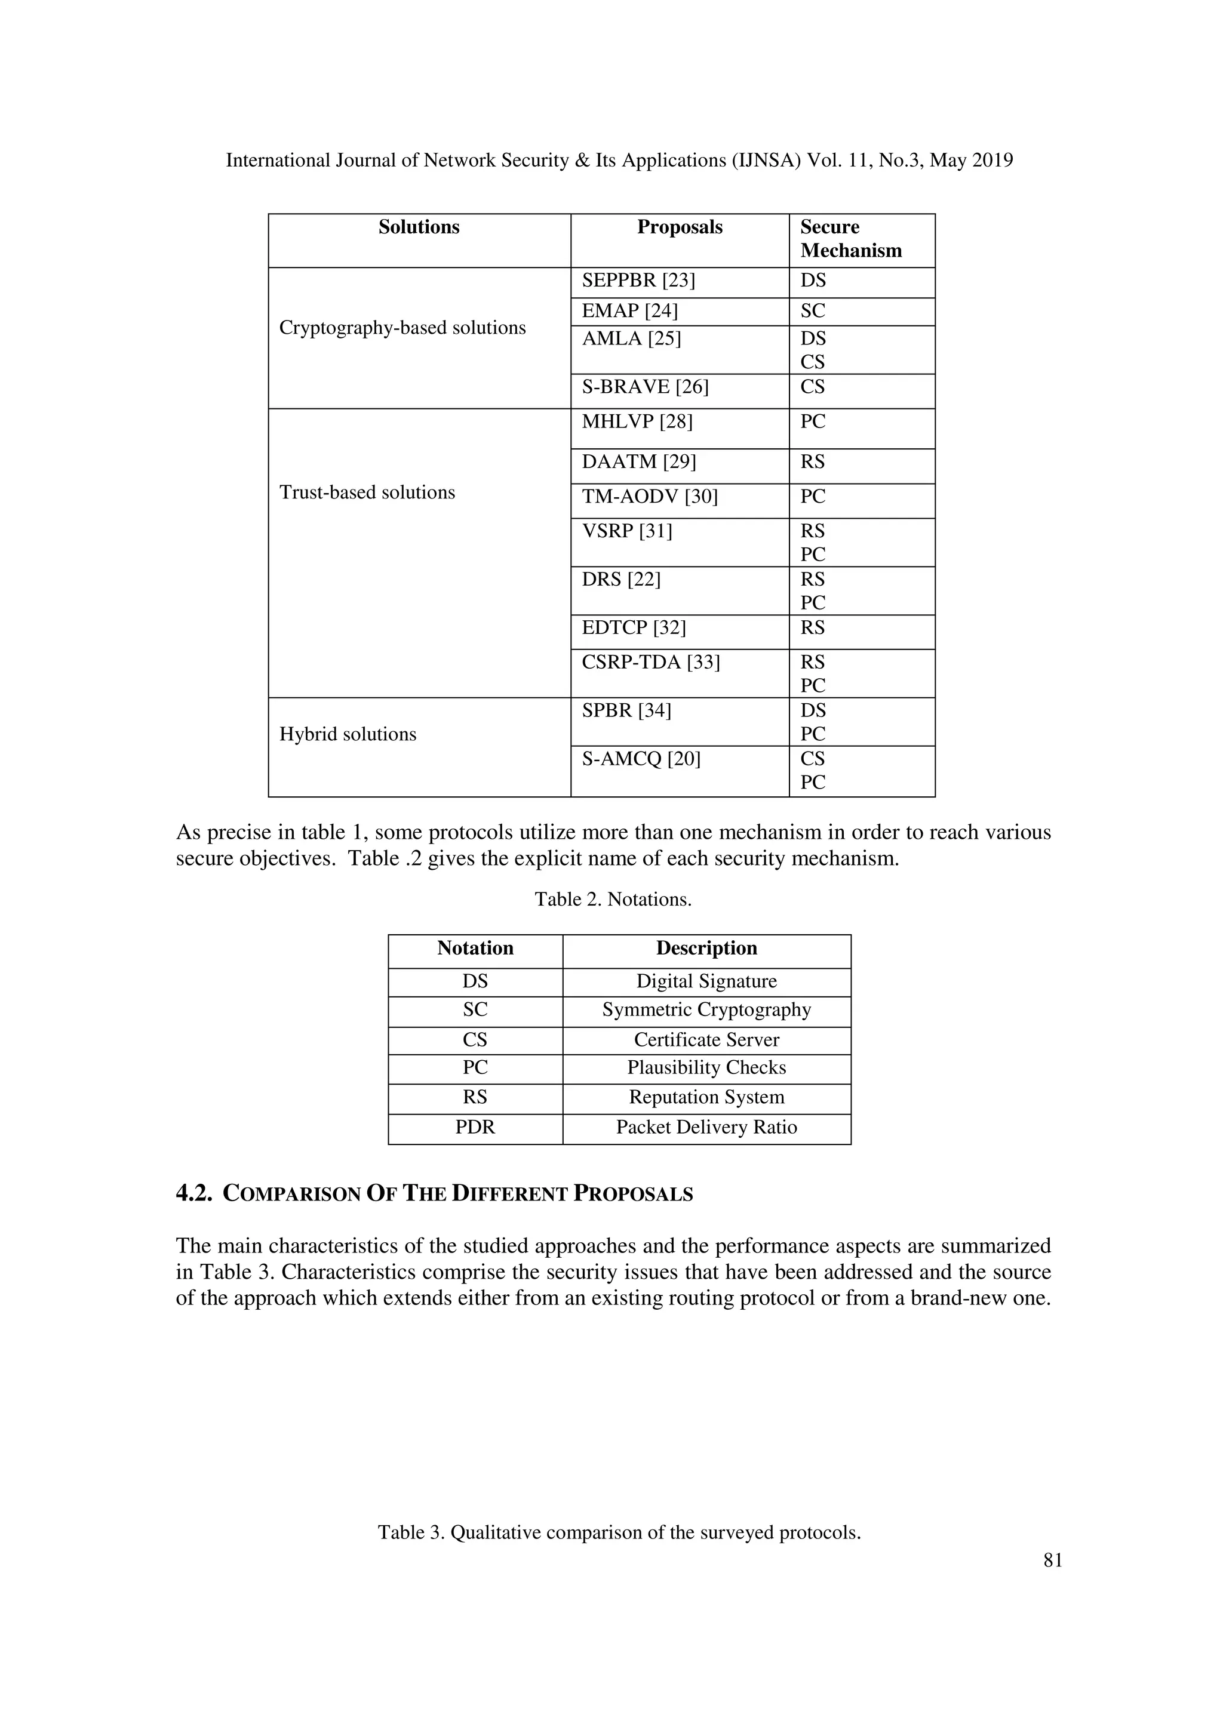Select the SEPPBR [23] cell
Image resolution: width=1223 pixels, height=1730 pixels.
(x=638, y=281)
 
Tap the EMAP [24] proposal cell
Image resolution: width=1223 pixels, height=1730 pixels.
(x=629, y=311)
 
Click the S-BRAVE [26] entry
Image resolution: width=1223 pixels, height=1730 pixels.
(x=644, y=387)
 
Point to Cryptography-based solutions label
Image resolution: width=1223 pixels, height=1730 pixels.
(x=402, y=328)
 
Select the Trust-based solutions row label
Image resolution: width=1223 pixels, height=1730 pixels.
(x=367, y=492)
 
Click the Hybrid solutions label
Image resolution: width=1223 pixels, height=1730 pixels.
(x=348, y=735)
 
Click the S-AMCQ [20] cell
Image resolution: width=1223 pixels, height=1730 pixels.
(x=641, y=759)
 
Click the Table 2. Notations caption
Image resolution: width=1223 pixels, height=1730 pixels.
(x=613, y=900)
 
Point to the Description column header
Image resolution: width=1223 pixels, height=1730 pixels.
(x=706, y=949)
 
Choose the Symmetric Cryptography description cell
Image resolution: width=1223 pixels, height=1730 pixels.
(x=706, y=1011)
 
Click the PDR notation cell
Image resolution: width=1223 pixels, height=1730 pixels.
(x=475, y=1128)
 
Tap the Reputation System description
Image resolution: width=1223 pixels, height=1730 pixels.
(x=706, y=1098)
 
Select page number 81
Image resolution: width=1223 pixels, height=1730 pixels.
(x=1053, y=1560)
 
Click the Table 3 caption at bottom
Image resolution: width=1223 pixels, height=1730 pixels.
(x=619, y=1532)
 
